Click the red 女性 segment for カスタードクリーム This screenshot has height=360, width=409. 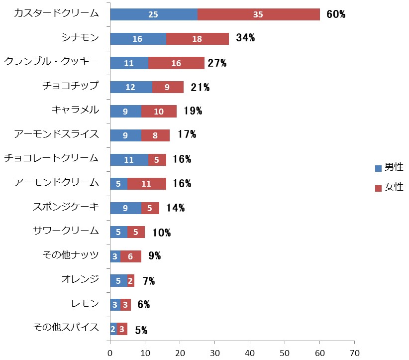[259, 14]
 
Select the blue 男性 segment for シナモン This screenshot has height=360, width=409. [138, 39]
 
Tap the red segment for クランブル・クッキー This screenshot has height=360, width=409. [176, 63]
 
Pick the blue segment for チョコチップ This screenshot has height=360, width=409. [130, 87]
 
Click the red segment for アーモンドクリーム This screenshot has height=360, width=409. [146, 184]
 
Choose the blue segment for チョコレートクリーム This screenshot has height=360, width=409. [128, 159]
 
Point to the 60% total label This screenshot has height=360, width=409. [336, 14]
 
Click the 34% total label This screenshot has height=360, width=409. [245, 38]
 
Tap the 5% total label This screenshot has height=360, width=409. [141, 330]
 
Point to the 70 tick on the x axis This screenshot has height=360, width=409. [354, 353]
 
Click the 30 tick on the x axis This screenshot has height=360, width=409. [214, 353]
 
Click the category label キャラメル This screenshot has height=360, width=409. [75, 110]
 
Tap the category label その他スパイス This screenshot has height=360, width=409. [66, 328]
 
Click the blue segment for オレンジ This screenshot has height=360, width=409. [118, 280]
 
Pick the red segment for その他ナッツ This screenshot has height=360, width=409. [130, 256]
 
